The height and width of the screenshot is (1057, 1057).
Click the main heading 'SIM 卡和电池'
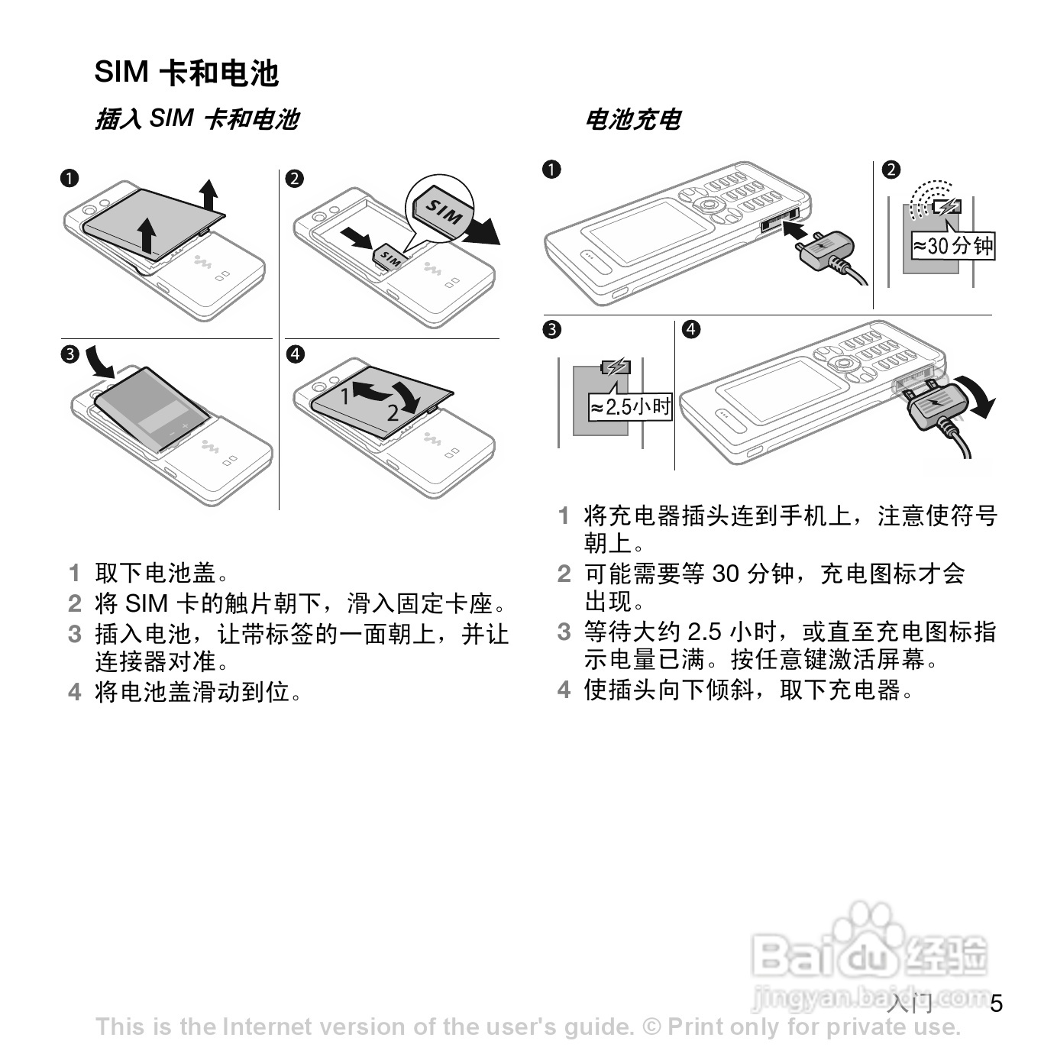186,73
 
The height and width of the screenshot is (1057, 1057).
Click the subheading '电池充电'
632,119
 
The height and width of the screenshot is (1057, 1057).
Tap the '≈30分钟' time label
954,246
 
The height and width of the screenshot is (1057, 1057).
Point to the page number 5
996,1003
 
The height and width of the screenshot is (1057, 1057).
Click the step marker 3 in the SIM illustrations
69,354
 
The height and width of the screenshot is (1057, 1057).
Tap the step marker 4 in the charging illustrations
690,329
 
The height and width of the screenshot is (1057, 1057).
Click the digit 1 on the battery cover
345,395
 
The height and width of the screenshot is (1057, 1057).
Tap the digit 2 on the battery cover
393,413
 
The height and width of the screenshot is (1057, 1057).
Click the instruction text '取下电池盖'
156,573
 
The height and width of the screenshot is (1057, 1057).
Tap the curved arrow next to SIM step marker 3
99,361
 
